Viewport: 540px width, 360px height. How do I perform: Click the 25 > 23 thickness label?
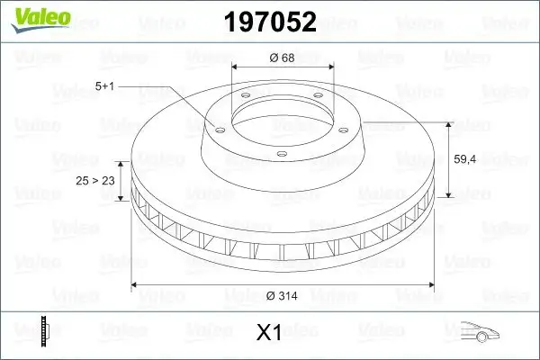coord(95,181)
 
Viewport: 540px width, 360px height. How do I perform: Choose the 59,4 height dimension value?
coord(465,158)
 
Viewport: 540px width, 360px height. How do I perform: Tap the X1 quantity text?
coord(269,333)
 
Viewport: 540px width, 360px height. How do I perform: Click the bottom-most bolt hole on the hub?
coord(281,154)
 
